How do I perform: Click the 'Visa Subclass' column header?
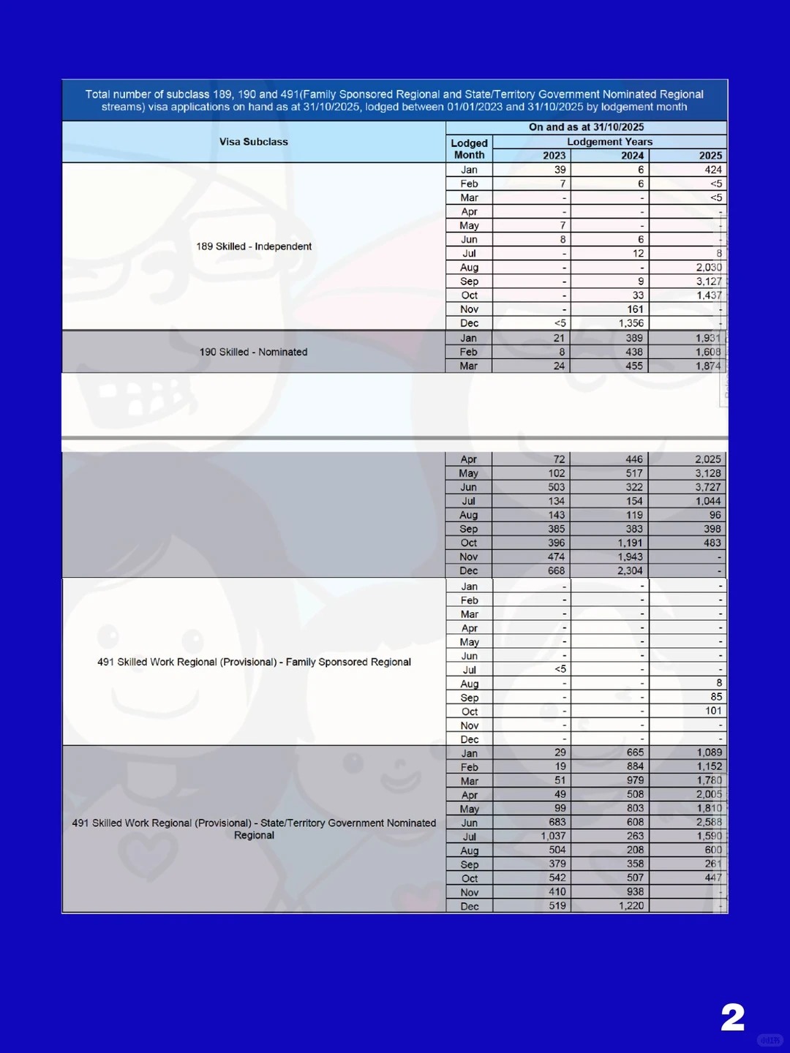(x=254, y=142)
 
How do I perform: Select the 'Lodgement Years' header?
(x=609, y=142)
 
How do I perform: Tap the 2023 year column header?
(x=554, y=156)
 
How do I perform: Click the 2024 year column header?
(x=632, y=156)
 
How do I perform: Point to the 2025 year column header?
(x=710, y=156)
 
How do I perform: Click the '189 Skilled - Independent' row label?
(x=254, y=246)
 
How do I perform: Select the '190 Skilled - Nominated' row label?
(x=254, y=352)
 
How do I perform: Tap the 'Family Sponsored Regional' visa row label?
(x=254, y=662)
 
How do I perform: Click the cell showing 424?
(x=712, y=170)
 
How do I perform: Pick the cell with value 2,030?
(x=708, y=268)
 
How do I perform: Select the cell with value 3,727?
(x=707, y=487)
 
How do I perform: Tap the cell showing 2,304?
(x=630, y=570)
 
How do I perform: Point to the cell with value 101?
(x=713, y=711)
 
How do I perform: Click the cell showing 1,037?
(x=553, y=836)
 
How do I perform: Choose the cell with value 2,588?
(x=708, y=822)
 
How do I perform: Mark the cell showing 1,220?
(x=631, y=905)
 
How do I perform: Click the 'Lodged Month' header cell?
(x=469, y=149)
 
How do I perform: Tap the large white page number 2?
(x=732, y=1017)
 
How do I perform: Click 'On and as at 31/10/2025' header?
(x=586, y=127)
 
